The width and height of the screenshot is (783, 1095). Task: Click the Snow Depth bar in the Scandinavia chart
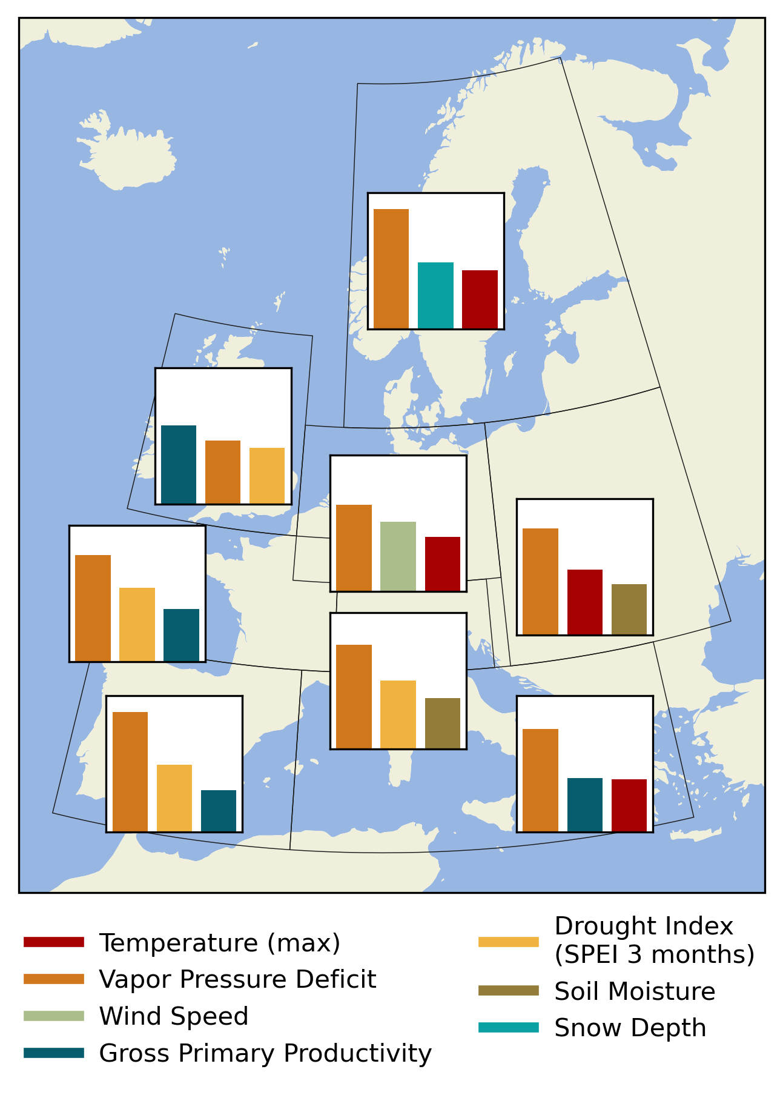click(x=435, y=296)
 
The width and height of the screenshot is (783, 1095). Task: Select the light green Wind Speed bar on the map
click(x=398, y=556)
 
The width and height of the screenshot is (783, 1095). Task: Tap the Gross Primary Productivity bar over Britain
click(x=179, y=464)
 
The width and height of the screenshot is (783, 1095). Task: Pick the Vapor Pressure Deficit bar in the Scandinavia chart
click(x=391, y=268)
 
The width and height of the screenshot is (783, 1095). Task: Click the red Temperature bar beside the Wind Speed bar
click(x=443, y=564)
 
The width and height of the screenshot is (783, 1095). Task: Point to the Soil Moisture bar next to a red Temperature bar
click(x=629, y=609)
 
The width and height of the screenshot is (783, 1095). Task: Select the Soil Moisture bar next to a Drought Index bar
click(x=443, y=723)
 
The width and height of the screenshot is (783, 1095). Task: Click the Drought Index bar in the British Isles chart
click(x=267, y=476)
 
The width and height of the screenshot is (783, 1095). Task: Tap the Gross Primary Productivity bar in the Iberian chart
click(x=219, y=811)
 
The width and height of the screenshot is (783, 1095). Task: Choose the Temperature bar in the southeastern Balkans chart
click(x=629, y=805)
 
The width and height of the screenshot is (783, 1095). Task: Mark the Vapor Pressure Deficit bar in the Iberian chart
click(x=130, y=771)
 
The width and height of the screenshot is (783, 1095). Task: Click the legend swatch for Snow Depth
click(x=508, y=1028)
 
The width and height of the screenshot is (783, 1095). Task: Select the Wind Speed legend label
click(x=174, y=1016)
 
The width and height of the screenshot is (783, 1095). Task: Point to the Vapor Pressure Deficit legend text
click(x=237, y=979)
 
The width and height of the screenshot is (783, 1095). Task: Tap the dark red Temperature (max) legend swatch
click(x=53, y=942)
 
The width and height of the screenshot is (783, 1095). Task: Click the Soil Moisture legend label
click(x=635, y=991)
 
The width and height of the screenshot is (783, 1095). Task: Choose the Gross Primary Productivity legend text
click(x=265, y=1053)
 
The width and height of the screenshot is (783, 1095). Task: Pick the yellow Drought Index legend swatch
click(x=508, y=942)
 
